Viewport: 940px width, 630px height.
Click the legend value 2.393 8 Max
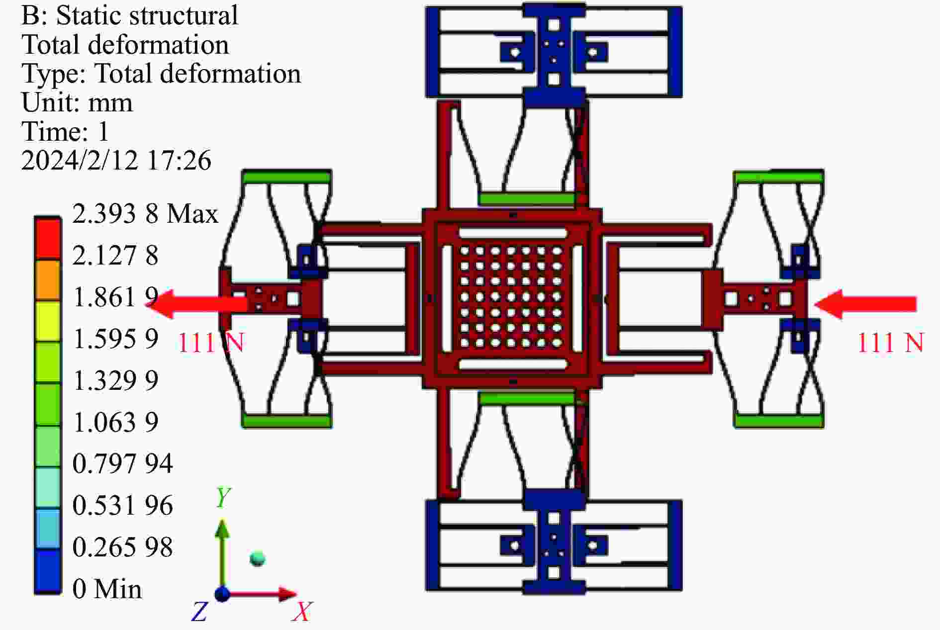[145, 214]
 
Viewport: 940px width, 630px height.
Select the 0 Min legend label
[107, 589]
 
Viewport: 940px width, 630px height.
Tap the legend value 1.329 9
[115, 381]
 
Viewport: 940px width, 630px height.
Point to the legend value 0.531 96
[122, 506]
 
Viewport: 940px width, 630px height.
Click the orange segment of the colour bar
[48, 280]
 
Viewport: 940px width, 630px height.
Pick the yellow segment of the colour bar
[48, 321]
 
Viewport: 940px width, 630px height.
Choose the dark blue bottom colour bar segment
[48, 571]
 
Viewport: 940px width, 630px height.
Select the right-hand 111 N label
[890, 343]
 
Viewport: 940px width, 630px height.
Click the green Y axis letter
[223, 497]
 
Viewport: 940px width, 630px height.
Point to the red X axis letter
[302, 612]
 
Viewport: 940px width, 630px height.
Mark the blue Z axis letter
[199, 612]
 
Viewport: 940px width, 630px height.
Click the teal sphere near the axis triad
[258, 558]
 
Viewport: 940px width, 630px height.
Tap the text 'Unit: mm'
[77, 103]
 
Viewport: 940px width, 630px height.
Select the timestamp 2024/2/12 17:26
[116, 161]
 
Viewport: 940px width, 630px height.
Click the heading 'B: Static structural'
[130, 15]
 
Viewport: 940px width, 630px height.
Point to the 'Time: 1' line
[65, 132]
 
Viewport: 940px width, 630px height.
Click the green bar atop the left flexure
[286, 177]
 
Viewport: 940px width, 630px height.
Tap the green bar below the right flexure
[778, 421]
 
